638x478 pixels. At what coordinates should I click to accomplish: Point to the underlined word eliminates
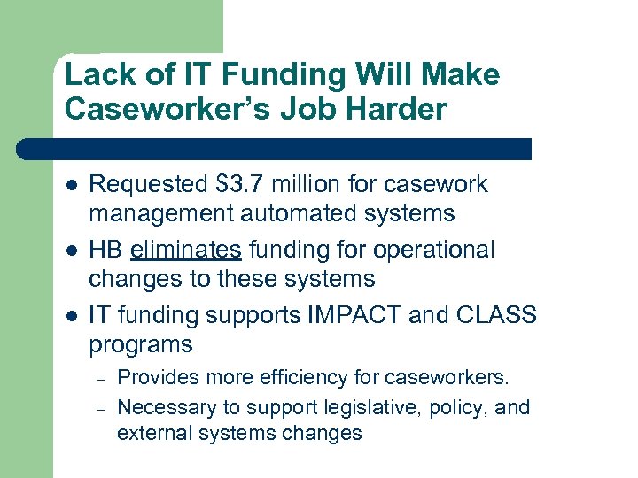point(186,250)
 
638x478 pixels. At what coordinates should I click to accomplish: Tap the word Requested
point(150,184)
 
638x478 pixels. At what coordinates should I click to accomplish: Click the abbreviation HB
point(106,250)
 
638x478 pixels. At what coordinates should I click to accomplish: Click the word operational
point(436,250)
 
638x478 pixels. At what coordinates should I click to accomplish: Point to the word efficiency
point(303,378)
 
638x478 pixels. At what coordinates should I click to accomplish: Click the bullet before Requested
point(70,186)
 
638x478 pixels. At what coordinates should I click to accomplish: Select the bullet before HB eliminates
point(70,251)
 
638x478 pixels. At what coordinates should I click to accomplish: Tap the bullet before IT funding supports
point(70,317)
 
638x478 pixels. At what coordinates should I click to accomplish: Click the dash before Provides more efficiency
point(102,379)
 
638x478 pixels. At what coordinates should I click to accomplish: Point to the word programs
point(140,344)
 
